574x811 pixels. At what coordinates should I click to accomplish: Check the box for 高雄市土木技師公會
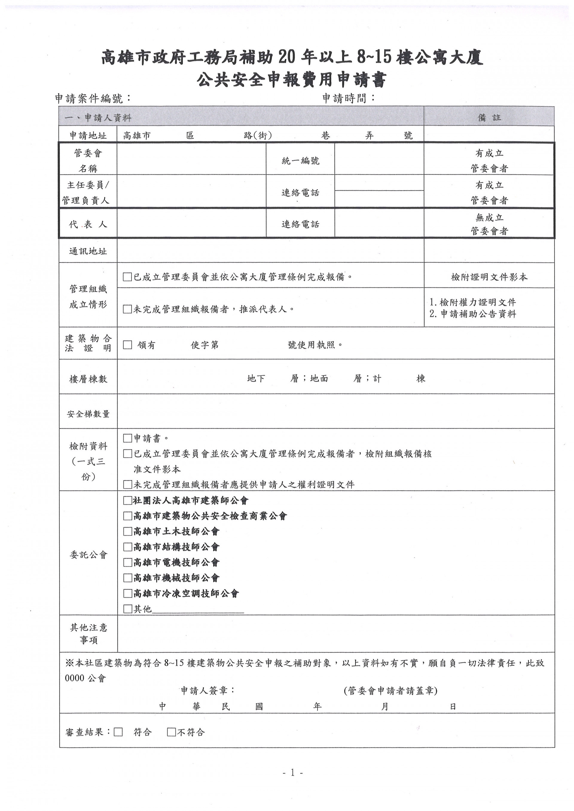(x=128, y=531)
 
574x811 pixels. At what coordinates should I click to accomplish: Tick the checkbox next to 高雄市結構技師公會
(x=128, y=547)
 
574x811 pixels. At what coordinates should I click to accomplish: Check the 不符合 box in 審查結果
(x=171, y=732)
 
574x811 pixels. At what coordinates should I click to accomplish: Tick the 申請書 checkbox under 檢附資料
(x=128, y=438)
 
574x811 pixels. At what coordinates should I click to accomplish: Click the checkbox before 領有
(x=128, y=345)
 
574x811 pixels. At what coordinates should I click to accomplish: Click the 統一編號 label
(x=300, y=161)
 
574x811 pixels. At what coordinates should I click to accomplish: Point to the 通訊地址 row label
(x=88, y=252)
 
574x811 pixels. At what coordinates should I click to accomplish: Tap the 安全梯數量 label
(x=88, y=414)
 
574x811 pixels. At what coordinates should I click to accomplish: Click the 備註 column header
(x=489, y=118)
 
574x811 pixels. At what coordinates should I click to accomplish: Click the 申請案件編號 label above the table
(x=93, y=98)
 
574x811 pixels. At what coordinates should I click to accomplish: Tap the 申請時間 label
(x=348, y=98)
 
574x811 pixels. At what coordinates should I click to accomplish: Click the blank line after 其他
(x=198, y=609)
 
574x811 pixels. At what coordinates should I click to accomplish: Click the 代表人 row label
(x=88, y=224)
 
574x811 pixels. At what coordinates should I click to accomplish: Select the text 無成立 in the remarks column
(x=489, y=217)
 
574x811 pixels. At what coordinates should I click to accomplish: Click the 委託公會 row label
(x=88, y=555)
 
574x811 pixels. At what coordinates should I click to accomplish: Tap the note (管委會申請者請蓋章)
(x=390, y=691)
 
